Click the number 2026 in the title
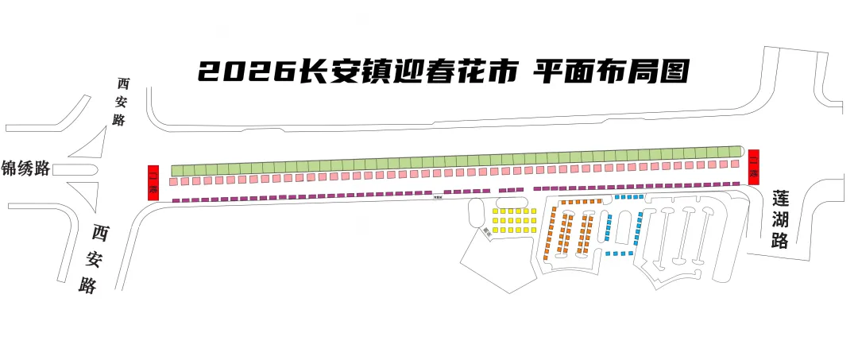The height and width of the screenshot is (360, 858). (245, 72)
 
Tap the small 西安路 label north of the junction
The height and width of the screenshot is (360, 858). (121, 102)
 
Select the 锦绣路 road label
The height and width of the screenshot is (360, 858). (26, 168)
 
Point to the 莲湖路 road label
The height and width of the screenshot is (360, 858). (780, 219)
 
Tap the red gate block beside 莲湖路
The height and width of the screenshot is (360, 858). (754, 165)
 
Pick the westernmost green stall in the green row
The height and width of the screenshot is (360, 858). (178, 170)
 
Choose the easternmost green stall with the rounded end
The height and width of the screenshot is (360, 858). (736, 151)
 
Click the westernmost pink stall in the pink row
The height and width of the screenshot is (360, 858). (173, 182)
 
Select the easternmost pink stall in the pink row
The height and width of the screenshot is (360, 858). (736, 163)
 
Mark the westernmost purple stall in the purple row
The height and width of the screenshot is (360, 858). (176, 200)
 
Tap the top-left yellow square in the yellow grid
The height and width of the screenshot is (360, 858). (495, 211)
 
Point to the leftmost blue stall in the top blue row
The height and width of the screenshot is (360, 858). (618, 196)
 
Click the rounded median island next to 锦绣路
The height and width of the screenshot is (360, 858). (75, 169)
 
